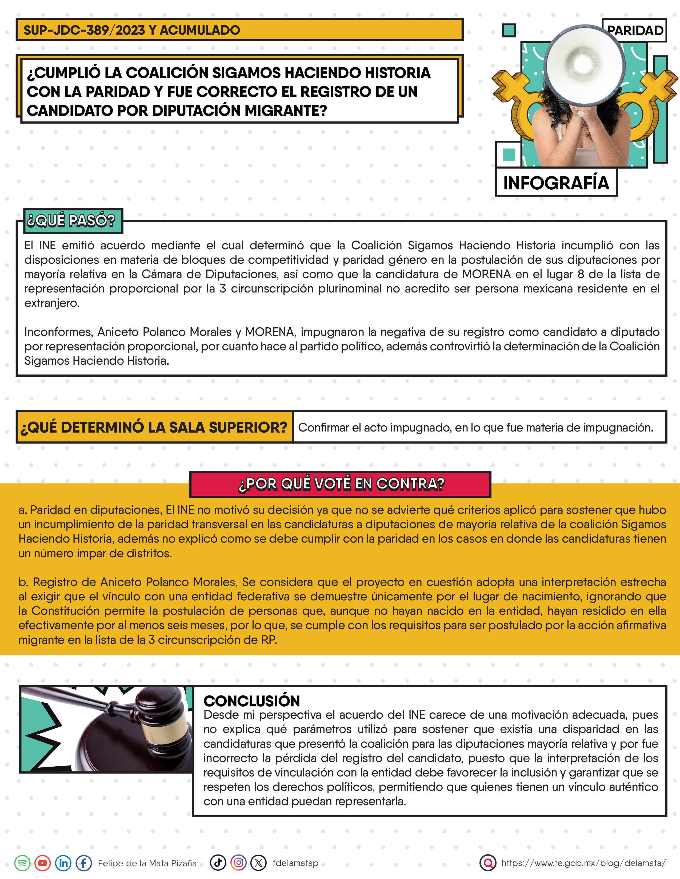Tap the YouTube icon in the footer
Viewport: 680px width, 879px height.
43,863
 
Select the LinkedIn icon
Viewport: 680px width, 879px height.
63,863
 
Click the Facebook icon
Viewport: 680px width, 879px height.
84,863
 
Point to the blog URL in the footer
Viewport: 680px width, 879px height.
583,863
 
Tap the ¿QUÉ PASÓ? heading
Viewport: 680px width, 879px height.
71,221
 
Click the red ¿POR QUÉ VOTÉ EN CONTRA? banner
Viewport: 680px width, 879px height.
341,484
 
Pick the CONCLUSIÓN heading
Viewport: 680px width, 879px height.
252,701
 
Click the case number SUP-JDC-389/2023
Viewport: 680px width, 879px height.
84,30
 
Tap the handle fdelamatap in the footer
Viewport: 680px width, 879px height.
295,863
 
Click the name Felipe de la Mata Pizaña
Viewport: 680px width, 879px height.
147,863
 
